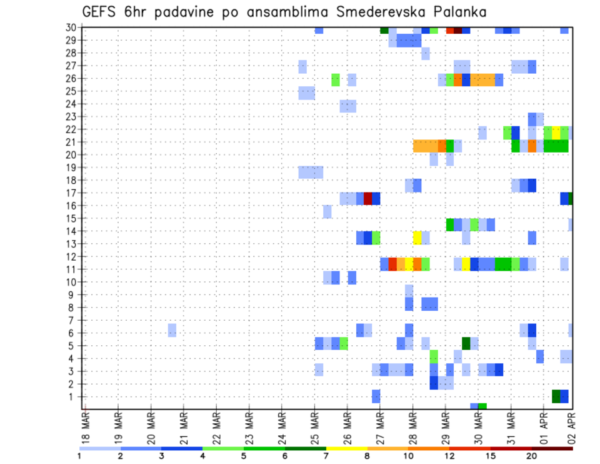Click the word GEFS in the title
100,12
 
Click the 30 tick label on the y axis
71,28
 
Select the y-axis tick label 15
71,218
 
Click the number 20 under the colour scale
531,456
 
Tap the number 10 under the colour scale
408,456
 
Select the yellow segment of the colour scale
346,448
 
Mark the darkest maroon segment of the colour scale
552,448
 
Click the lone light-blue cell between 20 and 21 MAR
172,330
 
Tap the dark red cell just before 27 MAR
368,199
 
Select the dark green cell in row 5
466,343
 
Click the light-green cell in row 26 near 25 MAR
336,79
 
